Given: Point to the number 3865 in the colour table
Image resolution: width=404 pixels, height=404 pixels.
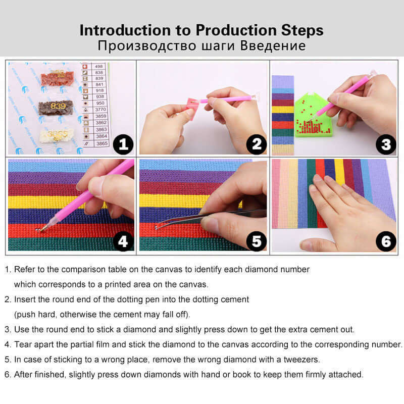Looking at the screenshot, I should point(102,143).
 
